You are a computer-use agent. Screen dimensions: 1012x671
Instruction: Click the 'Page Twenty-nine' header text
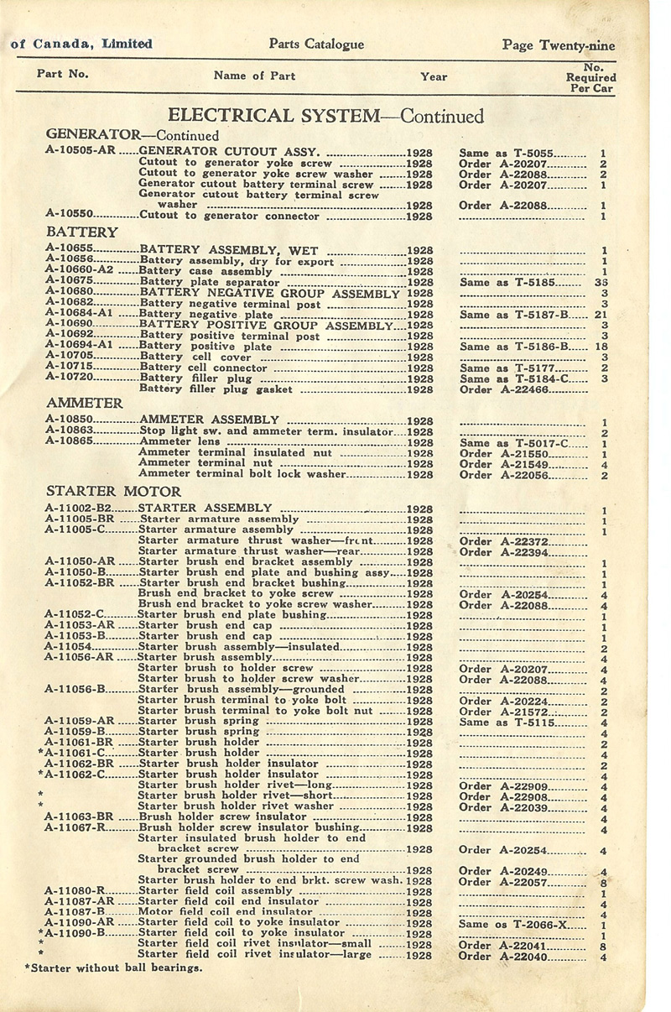click(558, 44)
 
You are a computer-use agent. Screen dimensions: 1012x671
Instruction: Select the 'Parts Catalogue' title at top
click(316, 44)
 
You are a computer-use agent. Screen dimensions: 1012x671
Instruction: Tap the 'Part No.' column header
click(63, 74)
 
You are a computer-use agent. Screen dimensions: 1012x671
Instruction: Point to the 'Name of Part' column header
click(254, 76)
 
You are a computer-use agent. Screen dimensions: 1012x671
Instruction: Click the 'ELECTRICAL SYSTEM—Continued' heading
click(326, 116)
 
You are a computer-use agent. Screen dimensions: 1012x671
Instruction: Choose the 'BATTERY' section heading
click(82, 232)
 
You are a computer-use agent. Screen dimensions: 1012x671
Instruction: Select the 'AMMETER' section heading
click(85, 403)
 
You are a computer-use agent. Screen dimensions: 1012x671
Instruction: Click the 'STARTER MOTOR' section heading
click(113, 491)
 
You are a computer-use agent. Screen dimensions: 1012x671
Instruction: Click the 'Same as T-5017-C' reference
click(514, 443)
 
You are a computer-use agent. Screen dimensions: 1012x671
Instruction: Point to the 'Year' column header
click(434, 76)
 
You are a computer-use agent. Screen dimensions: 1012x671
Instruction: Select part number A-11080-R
click(74, 891)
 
